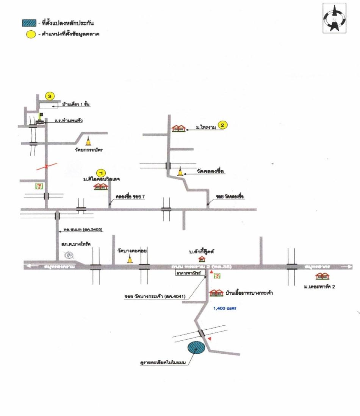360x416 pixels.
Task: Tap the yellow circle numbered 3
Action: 50,96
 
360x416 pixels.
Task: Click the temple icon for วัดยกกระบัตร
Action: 89,141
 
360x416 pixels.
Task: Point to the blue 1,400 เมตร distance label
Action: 222,309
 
